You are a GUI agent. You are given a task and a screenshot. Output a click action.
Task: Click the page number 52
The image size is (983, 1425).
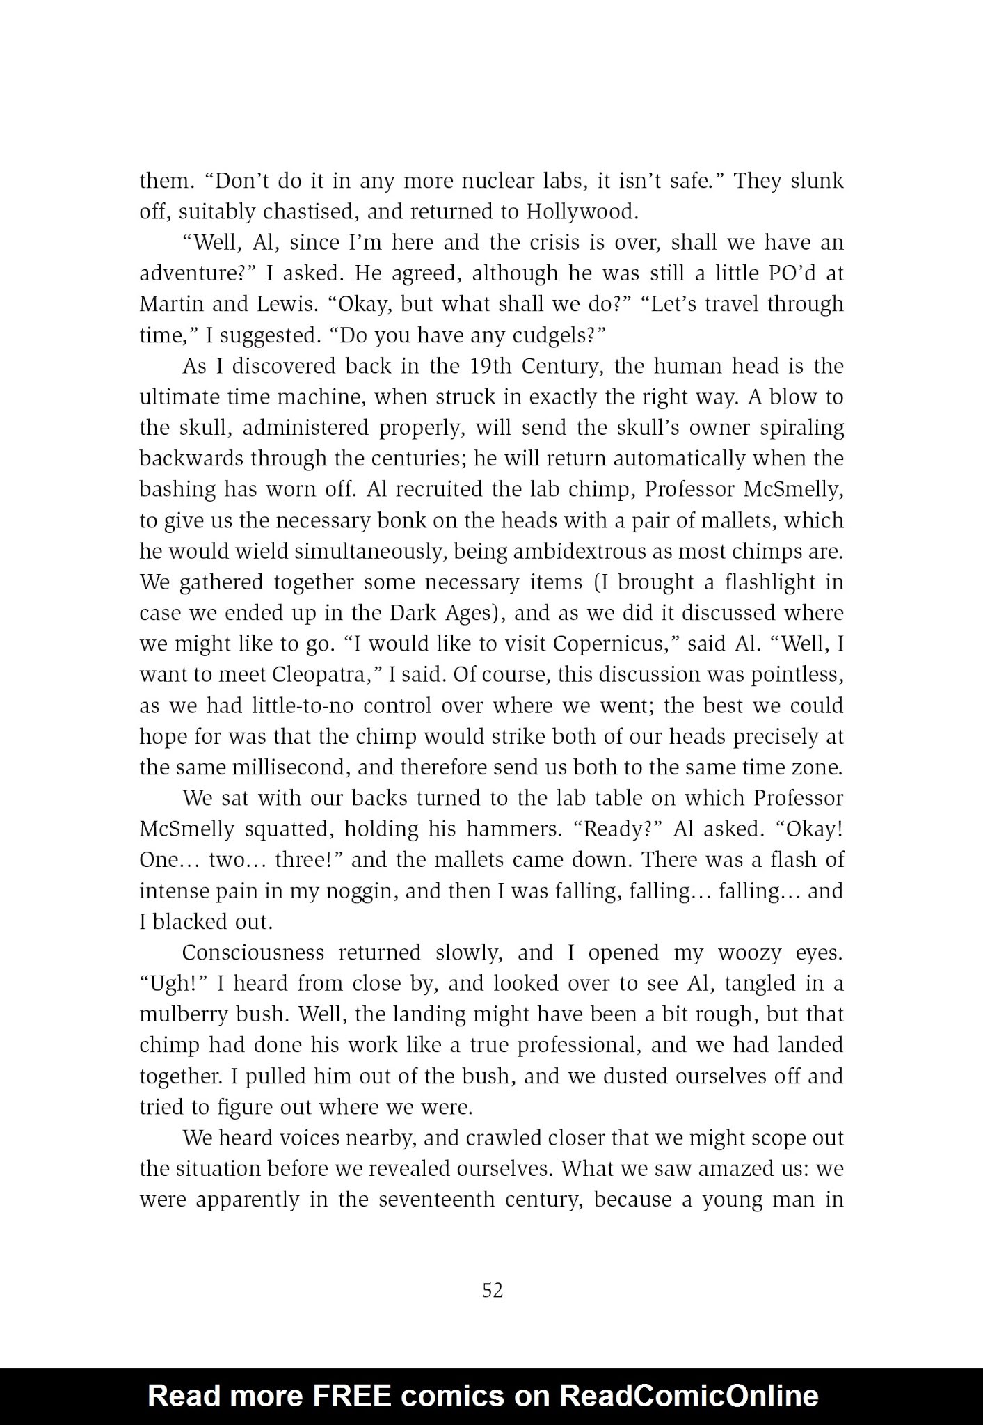(x=492, y=1291)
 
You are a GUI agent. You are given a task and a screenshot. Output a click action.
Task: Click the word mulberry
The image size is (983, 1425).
(x=183, y=1014)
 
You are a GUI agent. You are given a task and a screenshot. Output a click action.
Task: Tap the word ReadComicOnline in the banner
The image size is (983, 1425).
(x=689, y=1395)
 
